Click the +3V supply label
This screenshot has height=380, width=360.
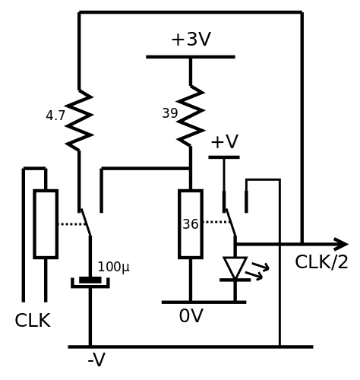pyautogui.click(x=191, y=40)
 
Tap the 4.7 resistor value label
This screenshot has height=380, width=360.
pyautogui.click(x=55, y=116)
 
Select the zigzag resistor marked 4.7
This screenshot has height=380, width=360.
pyautogui.click(x=79, y=120)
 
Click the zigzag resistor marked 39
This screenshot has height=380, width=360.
pyautogui.click(x=191, y=116)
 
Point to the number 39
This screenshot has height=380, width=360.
pyautogui.click(x=170, y=113)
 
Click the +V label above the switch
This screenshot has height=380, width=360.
pyautogui.click(x=224, y=141)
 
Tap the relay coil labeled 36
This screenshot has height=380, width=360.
pyautogui.click(x=191, y=224)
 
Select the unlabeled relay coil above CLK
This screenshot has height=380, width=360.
pyautogui.click(x=46, y=224)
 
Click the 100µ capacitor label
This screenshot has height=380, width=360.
pyautogui.click(x=113, y=267)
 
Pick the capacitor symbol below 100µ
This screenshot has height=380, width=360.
pyautogui.click(x=90, y=282)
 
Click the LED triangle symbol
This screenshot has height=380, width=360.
pyautogui.click(x=235, y=268)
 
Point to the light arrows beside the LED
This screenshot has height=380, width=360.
pyautogui.click(x=257, y=271)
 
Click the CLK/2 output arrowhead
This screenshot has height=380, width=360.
pyautogui.click(x=342, y=244)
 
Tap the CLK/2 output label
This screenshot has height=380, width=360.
pyautogui.click(x=321, y=262)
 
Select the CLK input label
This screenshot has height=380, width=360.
pyautogui.click(x=33, y=321)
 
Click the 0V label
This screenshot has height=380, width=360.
pyautogui.click(x=191, y=316)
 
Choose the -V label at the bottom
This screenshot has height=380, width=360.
pyautogui.click(x=96, y=359)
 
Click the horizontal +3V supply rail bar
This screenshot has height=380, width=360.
pyautogui.click(x=191, y=57)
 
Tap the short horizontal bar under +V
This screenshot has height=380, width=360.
pyautogui.click(x=224, y=157)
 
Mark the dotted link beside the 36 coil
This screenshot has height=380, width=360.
pyautogui.click(x=217, y=222)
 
